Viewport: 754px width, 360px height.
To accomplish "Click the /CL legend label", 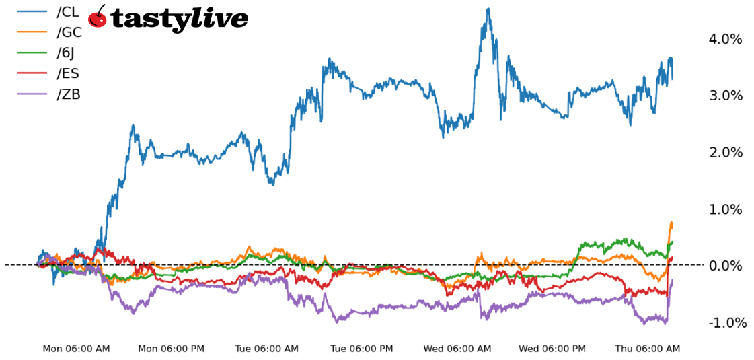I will coord(68,11).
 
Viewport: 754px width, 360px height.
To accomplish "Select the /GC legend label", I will coord(69,32).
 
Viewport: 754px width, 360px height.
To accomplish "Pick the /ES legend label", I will coord(68,73).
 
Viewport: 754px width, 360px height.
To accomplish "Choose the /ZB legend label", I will coord(69,94).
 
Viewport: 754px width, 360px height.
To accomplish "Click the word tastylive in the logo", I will coord(179,19).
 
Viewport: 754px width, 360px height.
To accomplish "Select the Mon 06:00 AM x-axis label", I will coord(76,349).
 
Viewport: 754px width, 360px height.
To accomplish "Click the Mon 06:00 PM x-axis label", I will coord(172,349).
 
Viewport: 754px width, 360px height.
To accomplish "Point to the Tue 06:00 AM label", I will coord(266,349).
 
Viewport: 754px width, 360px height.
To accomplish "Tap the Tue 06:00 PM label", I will coord(362,349).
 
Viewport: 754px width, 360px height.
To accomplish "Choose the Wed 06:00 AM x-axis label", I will coord(457,349).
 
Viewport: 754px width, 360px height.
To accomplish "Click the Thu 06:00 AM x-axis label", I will coord(648,349).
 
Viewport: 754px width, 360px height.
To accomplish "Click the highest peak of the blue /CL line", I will coord(488,9).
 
